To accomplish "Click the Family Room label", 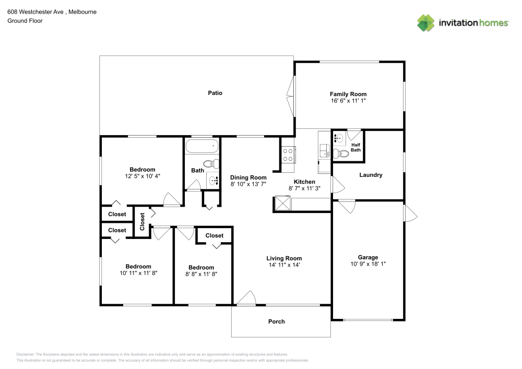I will [x=348, y=94].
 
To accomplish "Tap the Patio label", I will [x=215, y=93].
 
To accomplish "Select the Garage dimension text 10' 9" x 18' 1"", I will [x=368, y=264].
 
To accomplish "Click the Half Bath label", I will [x=355, y=147].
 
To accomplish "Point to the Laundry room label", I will [x=371, y=175].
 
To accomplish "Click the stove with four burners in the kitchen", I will [x=288, y=154].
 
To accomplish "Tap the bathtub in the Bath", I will [x=201, y=146].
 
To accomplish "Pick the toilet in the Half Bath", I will [x=342, y=153].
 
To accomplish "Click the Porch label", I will [x=277, y=322].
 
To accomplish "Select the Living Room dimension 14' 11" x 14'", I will [x=284, y=265].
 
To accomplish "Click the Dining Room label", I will [x=248, y=177].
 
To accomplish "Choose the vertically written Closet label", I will [x=142, y=221].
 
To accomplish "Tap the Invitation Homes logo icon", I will [x=426, y=22].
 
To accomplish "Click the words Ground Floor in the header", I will [x=25, y=21].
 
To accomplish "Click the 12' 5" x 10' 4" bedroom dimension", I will [x=142, y=176].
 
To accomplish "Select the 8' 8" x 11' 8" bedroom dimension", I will [x=201, y=274].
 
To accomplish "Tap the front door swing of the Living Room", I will [x=245, y=297].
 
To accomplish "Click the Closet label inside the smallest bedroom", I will [x=214, y=236].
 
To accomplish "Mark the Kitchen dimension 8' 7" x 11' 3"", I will [x=304, y=188].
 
